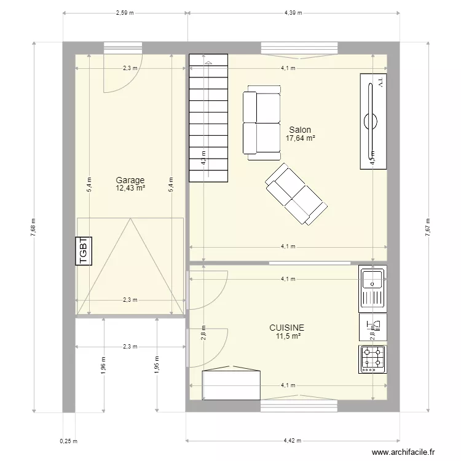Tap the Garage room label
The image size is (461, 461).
130,180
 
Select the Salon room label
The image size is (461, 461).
300,130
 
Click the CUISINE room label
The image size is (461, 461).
286,328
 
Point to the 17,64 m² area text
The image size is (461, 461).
300,139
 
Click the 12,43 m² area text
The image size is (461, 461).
130,188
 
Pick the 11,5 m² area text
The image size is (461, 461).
288,336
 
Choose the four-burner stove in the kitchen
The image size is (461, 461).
372,360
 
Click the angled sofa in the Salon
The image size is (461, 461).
295,194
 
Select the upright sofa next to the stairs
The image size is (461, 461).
261,122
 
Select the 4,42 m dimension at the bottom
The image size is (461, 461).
294,441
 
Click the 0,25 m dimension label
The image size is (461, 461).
68,441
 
